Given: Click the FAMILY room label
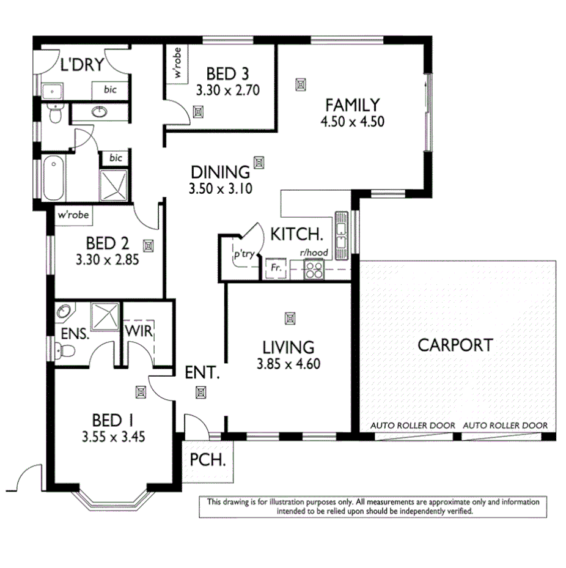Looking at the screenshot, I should pos(351,105).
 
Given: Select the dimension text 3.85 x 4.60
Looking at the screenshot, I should pos(289,364).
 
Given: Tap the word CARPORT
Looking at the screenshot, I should pos(455,345).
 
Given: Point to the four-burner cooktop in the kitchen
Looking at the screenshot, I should pos(314,269).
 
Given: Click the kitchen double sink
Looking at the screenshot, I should pos(340,231).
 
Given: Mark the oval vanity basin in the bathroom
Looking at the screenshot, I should pos(100,112).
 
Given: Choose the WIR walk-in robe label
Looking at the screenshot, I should pos(139,332).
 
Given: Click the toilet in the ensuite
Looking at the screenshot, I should pos(64,350).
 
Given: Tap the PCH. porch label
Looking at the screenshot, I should pos(208,459).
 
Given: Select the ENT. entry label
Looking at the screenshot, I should pos(202,372).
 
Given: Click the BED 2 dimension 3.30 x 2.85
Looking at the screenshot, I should pos(108,259).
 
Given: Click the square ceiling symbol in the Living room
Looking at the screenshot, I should pos(289,318).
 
